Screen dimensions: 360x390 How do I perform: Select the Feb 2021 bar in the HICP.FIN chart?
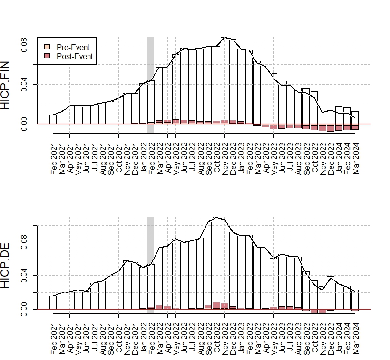click(53, 120)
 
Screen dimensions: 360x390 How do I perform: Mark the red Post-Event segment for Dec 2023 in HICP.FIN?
click(331, 128)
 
